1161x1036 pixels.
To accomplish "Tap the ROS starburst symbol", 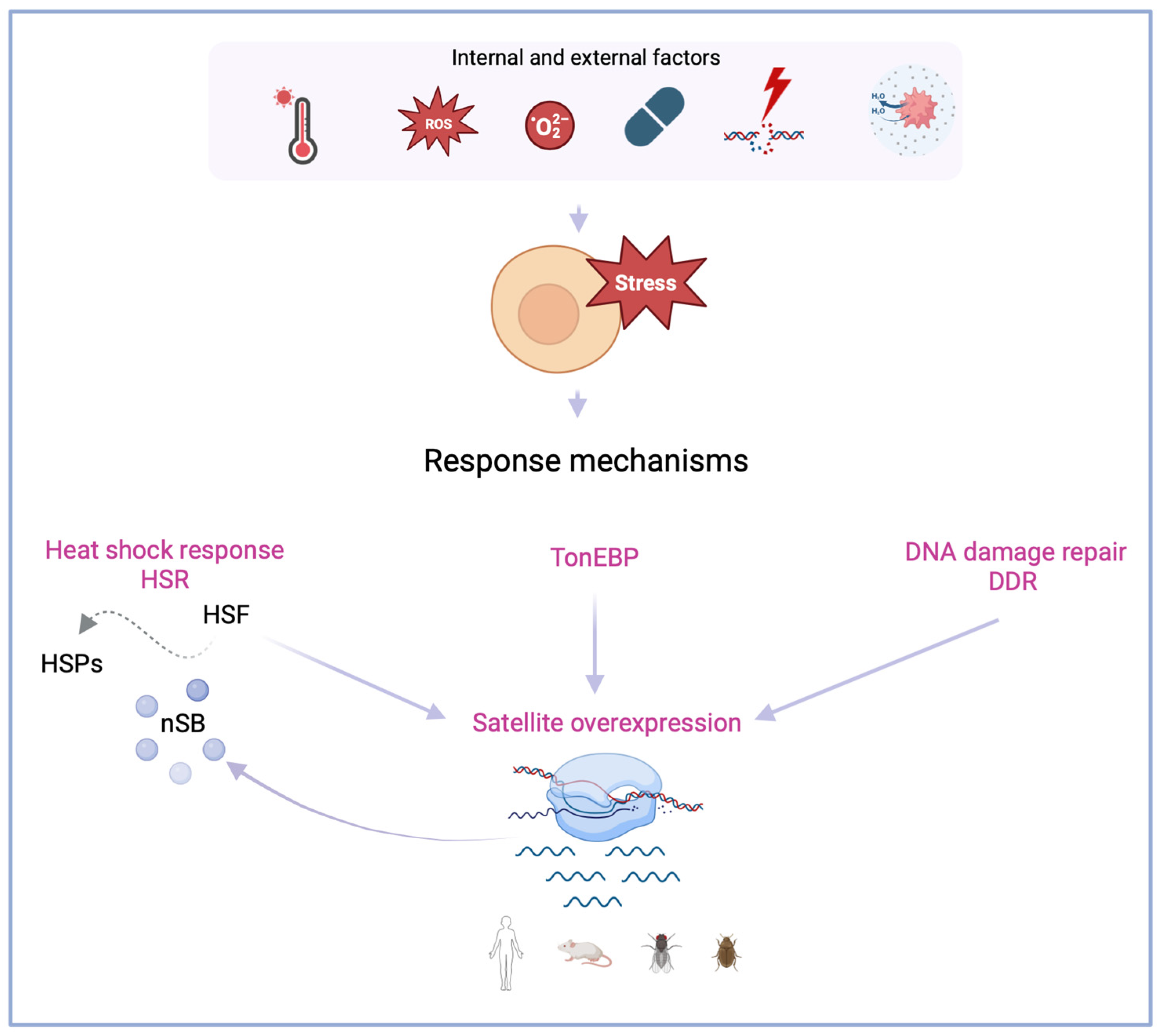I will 438,123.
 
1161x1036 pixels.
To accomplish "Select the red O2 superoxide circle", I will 549,125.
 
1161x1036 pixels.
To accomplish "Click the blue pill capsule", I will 654,117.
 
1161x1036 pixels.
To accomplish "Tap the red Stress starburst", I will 646,282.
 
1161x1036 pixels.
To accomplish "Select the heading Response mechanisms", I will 585,461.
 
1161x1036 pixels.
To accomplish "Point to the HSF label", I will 226,615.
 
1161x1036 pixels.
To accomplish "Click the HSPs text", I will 72,664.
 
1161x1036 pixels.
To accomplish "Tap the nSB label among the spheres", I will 183,723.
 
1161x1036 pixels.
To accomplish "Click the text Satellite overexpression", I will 607,723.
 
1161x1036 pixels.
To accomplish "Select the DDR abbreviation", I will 1012,582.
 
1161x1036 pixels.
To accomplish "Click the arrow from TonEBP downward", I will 594,643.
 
